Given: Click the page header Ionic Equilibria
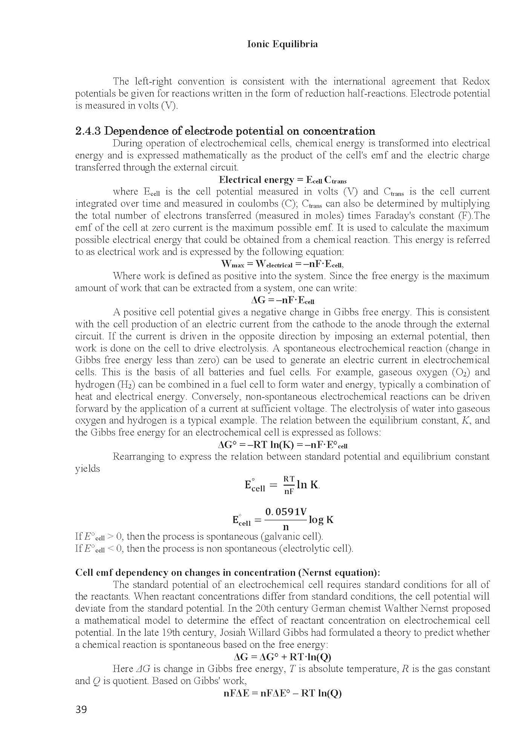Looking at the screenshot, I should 283,44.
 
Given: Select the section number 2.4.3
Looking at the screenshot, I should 88,131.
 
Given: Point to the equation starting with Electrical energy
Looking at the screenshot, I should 283,180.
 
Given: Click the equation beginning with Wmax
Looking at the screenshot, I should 283,264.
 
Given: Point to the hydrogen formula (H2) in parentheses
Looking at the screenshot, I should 119,385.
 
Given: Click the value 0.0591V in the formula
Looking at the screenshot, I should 286,512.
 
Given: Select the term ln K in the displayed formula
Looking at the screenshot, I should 308,485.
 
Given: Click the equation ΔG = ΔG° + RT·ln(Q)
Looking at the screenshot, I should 283,657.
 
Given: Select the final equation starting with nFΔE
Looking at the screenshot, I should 283,693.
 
